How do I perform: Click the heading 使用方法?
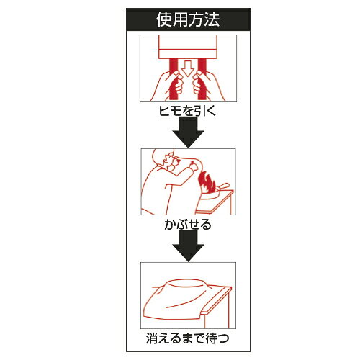(x=188, y=19)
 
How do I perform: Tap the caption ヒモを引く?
(x=188, y=111)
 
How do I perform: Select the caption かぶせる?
(x=188, y=225)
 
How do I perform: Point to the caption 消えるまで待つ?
(x=188, y=338)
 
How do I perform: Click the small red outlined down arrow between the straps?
(x=188, y=68)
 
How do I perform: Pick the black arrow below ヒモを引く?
(x=188, y=132)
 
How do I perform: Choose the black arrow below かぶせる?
(x=188, y=246)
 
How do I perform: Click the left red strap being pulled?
(x=174, y=79)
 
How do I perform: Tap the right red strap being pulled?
(x=202, y=79)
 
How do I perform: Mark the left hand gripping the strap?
(x=168, y=84)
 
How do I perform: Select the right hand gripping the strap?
(x=207, y=84)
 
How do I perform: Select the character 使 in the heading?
(x=164, y=19)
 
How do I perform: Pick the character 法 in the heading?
(x=212, y=19)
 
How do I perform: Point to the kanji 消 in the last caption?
(x=152, y=338)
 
